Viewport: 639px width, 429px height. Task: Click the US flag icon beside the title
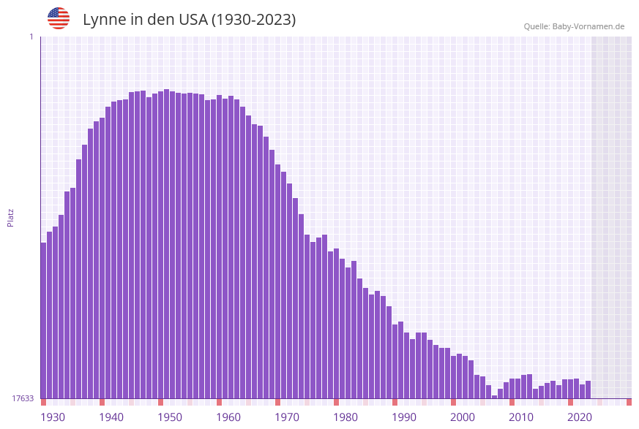point(59,18)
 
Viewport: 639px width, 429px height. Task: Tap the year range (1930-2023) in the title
point(253,20)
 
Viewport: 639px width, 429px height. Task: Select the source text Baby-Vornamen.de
point(588,26)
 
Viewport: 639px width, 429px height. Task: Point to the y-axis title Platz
point(11,217)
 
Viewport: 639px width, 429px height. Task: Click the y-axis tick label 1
point(31,37)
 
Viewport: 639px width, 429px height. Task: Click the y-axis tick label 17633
point(23,398)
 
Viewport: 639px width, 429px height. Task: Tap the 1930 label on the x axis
point(53,417)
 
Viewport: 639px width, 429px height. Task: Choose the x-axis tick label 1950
point(170,417)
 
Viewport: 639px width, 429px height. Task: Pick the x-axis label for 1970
point(287,417)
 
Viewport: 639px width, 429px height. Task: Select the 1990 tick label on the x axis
point(404,417)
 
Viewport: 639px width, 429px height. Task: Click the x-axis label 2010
point(521,417)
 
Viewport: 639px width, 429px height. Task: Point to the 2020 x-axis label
point(580,417)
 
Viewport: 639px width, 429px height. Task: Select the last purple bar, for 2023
point(588,390)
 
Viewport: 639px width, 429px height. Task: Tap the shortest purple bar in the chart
point(494,397)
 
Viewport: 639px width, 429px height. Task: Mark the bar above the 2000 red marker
point(453,376)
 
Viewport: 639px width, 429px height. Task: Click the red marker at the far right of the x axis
point(629,402)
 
